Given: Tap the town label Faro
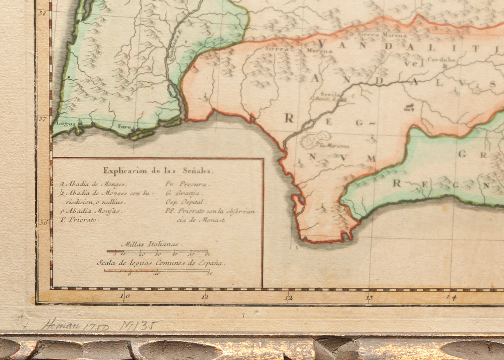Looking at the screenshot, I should click(x=123, y=126).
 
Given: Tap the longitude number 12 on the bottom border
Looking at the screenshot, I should click(x=288, y=297).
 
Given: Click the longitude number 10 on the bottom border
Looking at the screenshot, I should click(x=124, y=297).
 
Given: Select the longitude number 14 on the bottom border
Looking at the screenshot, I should click(x=452, y=297).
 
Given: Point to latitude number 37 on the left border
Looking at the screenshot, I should click(x=43, y=119).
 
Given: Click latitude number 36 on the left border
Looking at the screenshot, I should click(x=43, y=221).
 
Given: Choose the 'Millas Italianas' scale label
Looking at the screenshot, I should click(x=157, y=244).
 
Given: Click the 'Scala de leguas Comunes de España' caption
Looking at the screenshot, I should click(x=161, y=263).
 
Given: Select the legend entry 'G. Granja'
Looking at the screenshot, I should click(x=176, y=193).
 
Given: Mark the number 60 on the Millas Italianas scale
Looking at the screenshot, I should click(x=207, y=255).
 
